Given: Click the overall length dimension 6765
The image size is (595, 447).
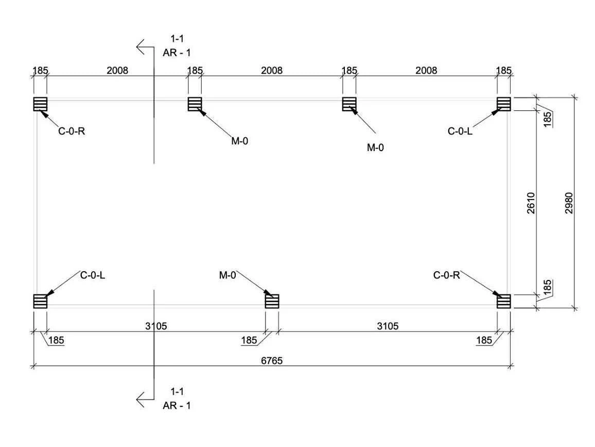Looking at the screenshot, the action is tap(272, 360).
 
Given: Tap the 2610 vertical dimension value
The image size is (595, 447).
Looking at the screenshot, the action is tap(531, 203).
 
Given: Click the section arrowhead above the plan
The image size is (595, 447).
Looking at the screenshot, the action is tap(141, 47).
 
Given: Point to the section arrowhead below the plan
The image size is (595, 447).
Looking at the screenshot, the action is tap(141, 400).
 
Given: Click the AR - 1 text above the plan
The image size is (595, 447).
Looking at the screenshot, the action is tap(177, 53).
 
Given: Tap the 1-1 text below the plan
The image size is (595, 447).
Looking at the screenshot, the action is tap(177, 391).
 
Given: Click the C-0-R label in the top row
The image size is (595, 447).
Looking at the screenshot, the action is tap(72, 131).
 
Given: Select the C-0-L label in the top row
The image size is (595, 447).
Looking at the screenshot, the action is tap(460, 131).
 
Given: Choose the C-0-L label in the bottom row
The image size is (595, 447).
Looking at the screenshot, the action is tap(93, 275).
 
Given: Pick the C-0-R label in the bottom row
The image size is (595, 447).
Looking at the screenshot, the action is tap(446, 275).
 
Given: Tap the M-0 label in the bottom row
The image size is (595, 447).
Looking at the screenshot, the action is tap(227, 275).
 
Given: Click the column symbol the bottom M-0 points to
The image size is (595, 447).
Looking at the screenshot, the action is tap(272, 301).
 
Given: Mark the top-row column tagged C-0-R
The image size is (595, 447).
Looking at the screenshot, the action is tap(40, 104).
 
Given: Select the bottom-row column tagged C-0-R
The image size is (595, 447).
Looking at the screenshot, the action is tap(504, 301).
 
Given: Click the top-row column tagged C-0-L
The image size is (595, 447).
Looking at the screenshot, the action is tap(504, 104).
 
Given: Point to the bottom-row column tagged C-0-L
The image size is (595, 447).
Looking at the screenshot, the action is tap(40, 301).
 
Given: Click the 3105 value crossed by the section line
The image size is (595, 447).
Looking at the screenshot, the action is tap(156, 326).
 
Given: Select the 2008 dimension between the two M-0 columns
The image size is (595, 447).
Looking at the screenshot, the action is tap(272, 70).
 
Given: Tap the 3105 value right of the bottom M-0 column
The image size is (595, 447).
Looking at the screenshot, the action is tap(388, 326).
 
